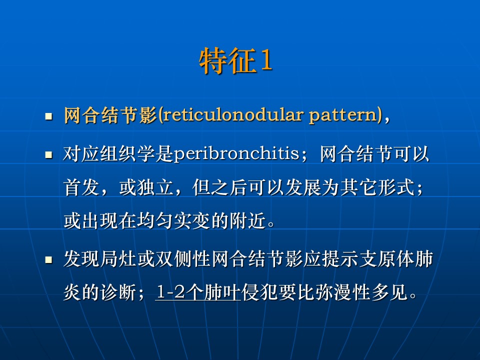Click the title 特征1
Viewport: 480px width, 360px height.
pyautogui.click(x=235, y=60)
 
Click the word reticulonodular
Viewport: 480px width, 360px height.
pyautogui.click(x=232, y=115)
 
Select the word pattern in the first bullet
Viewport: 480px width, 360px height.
pyautogui.click(x=343, y=116)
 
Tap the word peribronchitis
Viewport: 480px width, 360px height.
pyautogui.click(x=236, y=153)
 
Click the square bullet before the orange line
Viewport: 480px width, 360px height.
pyautogui.click(x=48, y=116)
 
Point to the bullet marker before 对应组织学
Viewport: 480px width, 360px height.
pyautogui.click(x=48, y=154)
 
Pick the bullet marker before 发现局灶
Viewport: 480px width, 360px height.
pyautogui.click(x=48, y=260)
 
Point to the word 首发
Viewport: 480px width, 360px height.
pyautogui.click(x=81, y=187)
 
